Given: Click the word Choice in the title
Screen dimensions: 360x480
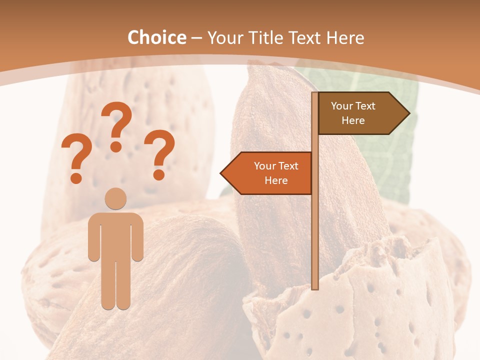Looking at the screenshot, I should (x=156, y=38).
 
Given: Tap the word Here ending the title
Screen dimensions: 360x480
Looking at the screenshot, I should (x=345, y=38).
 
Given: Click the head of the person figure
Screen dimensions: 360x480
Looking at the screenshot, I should (x=115, y=199).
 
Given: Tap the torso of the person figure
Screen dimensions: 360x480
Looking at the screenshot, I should (x=115, y=235).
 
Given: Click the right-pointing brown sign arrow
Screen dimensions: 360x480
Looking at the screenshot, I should (x=357, y=113).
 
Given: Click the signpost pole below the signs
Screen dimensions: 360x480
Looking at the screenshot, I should (x=315, y=240).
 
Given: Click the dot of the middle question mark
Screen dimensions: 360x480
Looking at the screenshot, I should (x=116, y=146).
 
